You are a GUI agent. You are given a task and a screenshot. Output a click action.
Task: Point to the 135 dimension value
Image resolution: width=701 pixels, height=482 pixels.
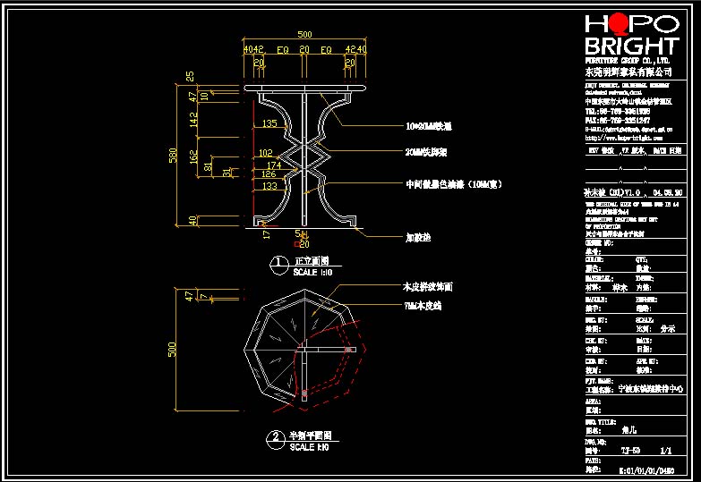(269, 124)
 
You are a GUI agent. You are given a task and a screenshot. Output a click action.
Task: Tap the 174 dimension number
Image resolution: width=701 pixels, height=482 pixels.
(274, 165)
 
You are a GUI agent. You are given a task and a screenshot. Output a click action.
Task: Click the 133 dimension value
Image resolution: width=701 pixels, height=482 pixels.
(269, 186)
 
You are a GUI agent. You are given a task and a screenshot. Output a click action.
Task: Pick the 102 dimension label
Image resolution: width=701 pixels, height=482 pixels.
(266, 154)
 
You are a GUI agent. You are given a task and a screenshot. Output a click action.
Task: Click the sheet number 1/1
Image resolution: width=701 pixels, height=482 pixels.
(665, 452)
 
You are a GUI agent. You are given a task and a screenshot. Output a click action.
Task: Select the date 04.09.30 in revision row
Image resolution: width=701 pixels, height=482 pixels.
(669, 192)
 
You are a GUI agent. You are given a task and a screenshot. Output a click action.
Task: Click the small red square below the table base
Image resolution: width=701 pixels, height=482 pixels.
(297, 242)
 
